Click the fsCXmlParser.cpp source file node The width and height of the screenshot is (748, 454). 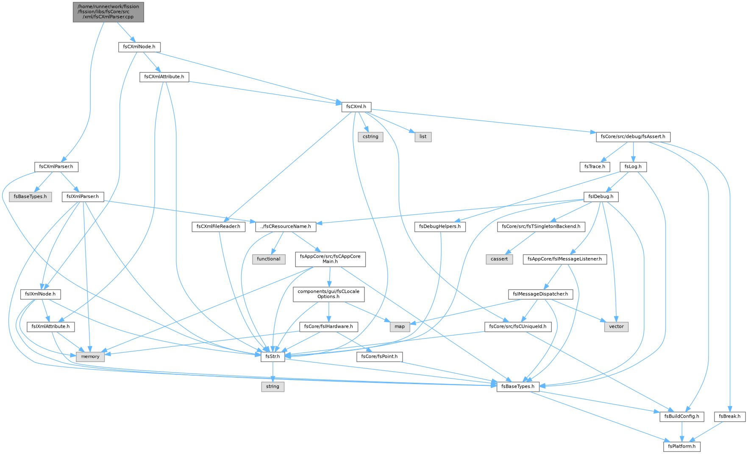click(108, 12)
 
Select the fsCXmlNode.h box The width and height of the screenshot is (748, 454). click(139, 47)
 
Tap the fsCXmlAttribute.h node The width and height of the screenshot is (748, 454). click(164, 77)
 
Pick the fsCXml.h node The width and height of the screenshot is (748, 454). click(356, 107)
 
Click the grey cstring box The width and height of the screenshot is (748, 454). click(370, 137)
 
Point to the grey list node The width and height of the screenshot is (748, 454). click(423, 137)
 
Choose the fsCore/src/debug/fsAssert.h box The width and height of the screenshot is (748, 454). click(633, 137)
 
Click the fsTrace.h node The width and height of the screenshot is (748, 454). click(595, 167)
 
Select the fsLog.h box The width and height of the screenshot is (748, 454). click(633, 167)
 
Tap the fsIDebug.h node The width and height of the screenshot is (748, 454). click(601, 197)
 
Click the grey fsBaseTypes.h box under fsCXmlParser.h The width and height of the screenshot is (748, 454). click(31, 197)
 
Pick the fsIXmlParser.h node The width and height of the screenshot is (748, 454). click(83, 197)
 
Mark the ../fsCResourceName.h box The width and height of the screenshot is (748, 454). click(286, 227)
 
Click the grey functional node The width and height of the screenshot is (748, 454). click(269, 259)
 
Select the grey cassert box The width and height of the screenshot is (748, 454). click(500, 259)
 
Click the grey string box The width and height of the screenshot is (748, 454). click(273, 387)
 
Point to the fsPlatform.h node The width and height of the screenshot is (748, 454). click(682, 447)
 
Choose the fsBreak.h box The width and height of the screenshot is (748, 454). click(730, 417)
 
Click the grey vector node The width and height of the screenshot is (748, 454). click(616, 327)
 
